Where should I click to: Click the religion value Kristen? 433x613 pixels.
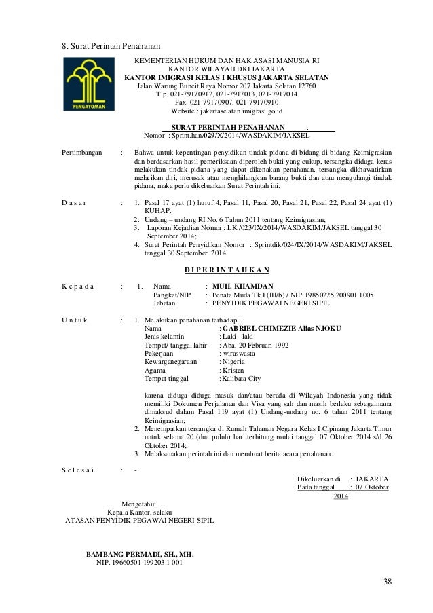(x=232, y=371)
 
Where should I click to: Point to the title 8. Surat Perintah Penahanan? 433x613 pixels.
(x=107, y=47)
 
